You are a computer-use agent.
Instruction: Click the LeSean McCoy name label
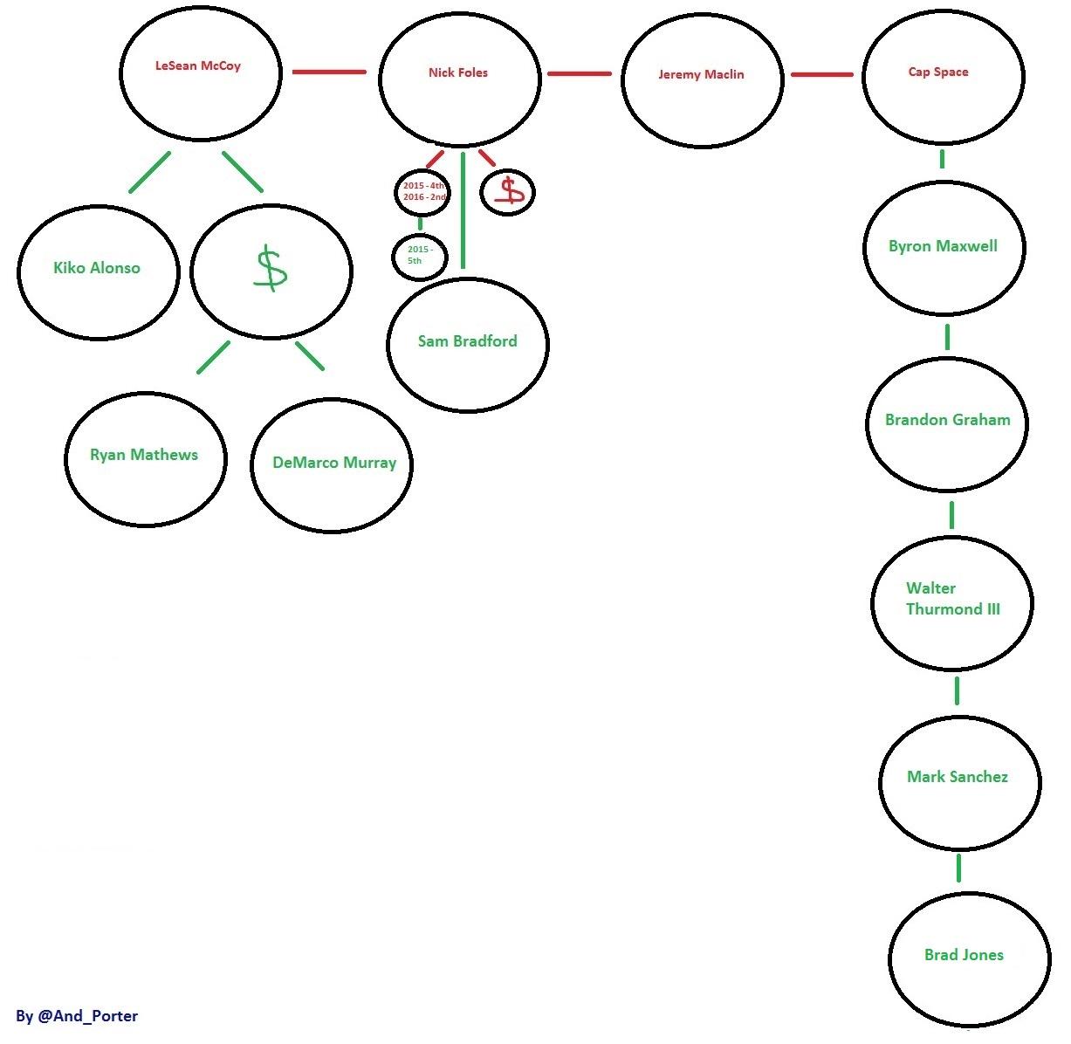click(x=198, y=65)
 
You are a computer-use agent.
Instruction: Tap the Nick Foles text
click(x=458, y=72)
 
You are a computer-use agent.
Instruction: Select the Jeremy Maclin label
click(x=701, y=74)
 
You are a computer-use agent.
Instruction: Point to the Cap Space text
click(x=938, y=72)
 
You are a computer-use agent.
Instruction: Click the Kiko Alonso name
click(x=97, y=268)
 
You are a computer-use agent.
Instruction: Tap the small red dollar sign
click(x=508, y=192)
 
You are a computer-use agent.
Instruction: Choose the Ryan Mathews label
click(x=144, y=455)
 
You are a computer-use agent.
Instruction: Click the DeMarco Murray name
click(x=334, y=463)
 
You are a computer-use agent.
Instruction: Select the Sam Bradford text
click(x=468, y=341)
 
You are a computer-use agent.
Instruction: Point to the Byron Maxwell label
click(x=943, y=246)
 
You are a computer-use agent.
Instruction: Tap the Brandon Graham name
click(x=948, y=420)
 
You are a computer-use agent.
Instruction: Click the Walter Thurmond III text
click(x=952, y=599)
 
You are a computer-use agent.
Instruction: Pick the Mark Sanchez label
click(x=958, y=776)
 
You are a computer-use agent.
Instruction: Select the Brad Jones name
click(x=964, y=955)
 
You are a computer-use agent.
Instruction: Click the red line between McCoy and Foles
click(x=329, y=72)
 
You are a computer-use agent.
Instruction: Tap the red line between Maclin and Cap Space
click(x=821, y=75)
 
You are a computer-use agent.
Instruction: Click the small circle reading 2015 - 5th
click(x=419, y=256)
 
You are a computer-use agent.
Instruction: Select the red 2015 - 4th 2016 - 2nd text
click(x=424, y=191)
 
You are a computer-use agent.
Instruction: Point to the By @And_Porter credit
click(x=77, y=1015)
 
